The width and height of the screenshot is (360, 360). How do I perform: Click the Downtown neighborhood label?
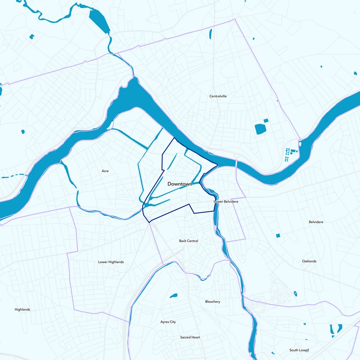click(180, 184)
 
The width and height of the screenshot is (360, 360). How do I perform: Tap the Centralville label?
click(220, 96)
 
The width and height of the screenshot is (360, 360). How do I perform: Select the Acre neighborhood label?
click(105, 171)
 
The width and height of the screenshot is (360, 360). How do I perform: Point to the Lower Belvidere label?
click(225, 202)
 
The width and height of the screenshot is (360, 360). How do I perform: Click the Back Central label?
click(189, 241)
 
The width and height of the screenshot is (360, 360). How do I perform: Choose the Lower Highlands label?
click(111, 262)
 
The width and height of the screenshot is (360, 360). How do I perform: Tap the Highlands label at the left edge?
click(22, 310)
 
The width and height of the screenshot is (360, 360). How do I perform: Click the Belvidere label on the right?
click(316, 222)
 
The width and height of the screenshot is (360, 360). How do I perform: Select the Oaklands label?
click(309, 261)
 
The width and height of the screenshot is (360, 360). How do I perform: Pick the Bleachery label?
click(212, 301)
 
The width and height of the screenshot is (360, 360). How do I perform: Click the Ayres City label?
click(168, 322)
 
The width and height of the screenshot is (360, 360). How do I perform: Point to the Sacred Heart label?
click(190, 337)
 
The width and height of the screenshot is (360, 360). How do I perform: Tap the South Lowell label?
click(299, 350)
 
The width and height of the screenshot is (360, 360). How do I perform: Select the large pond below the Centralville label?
click(261, 129)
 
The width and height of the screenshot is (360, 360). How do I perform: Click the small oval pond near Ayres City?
click(173, 296)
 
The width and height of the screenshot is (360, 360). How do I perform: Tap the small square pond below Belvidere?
click(278, 235)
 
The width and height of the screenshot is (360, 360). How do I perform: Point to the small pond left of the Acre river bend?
click(23, 131)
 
